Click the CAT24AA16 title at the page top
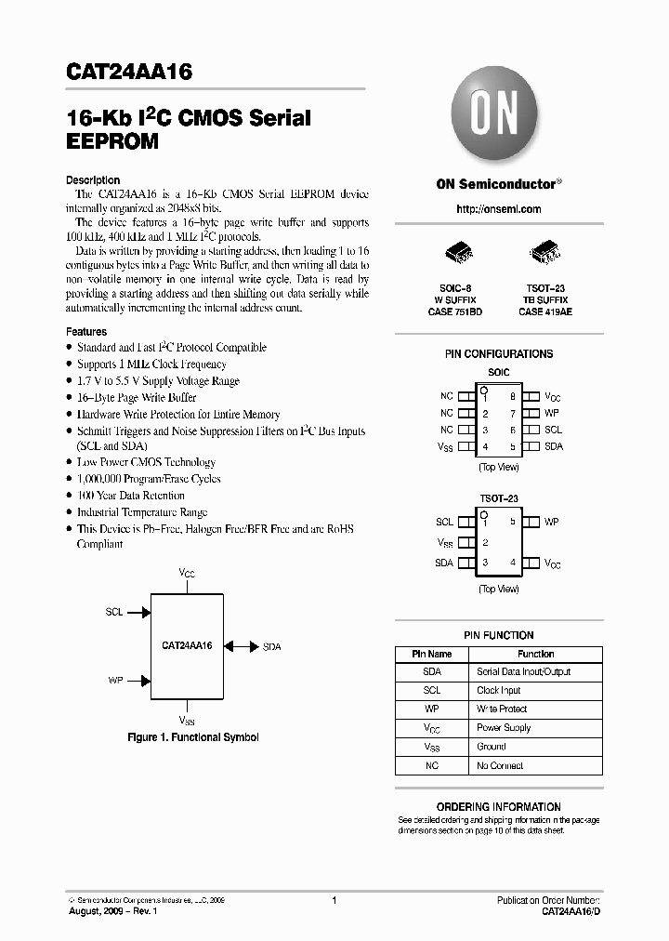click(x=129, y=73)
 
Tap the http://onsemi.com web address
click(x=499, y=209)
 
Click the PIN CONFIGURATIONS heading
click(x=499, y=353)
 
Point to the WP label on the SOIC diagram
click(x=552, y=413)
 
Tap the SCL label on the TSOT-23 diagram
click(x=444, y=523)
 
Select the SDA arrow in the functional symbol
click(x=241, y=645)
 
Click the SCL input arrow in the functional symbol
click(x=138, y=613)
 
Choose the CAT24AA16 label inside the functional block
click(x=187, y=644)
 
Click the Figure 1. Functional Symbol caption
click(x=192, y=737)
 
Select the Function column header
click(x=535, y=654)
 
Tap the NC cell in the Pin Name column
click(x=432, y=766)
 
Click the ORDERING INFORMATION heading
click(x=499, y=807)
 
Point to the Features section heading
click(x=86, y=331)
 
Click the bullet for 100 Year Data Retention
click(x=70, y=496)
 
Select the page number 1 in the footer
click(x=334, y=900)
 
